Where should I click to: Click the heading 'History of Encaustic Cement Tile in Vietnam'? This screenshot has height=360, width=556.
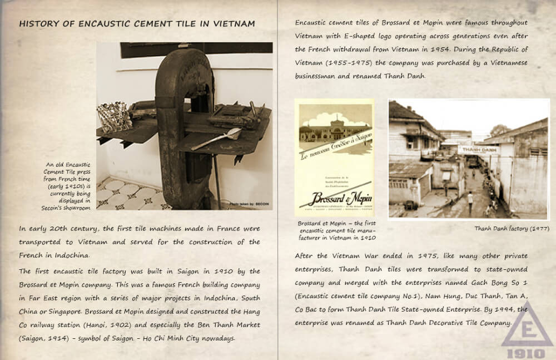[137, 24]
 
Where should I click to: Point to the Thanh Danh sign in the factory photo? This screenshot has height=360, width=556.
[479, 150]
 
